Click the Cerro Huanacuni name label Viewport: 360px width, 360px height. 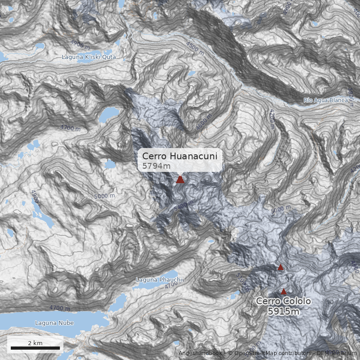click(180, 156)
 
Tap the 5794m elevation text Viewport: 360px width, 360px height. click(156, 166)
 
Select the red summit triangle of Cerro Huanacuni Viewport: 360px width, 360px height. click(180, 180)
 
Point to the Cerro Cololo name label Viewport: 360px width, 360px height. click(283, 301)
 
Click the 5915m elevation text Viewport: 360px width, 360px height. click(283, 310)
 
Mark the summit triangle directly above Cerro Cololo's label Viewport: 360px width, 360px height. click(283, 292)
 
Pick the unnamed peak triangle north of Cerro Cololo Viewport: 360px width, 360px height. click(281, 267)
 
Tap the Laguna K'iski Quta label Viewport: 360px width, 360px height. click(89, 57)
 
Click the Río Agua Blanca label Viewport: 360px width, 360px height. click(325, 100)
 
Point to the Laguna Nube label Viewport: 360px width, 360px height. click(54, 323)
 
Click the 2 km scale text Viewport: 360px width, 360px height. click(35, 343)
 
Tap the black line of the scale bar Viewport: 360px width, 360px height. click(35, 348)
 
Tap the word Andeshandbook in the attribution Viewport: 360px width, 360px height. click(200, 353)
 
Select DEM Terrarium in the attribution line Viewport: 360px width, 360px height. click(337, 353)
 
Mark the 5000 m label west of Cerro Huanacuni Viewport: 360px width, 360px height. click(104, 196)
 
